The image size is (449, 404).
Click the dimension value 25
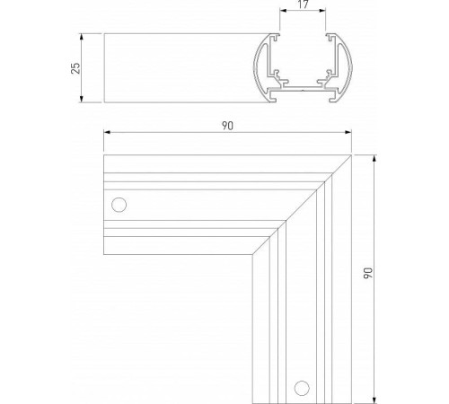coord(76,68)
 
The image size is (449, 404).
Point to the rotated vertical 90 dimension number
coord(365,274)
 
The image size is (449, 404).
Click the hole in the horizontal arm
coord(118,204)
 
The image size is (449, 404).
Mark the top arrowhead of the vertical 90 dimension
coord(372,157)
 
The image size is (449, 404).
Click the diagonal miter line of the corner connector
coord(308,196)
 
